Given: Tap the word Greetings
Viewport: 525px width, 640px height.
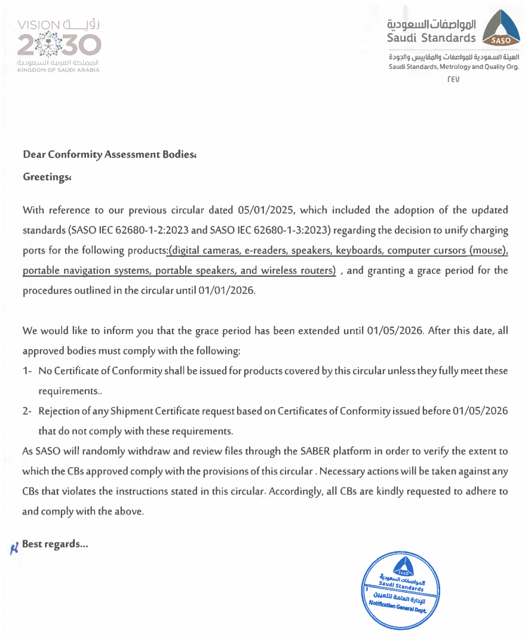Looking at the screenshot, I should pyautogui.click(x=46, y=177).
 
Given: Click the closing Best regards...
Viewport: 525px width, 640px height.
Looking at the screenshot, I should pyautogui.click(x=55, y=544).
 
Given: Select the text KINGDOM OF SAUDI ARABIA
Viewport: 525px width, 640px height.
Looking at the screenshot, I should pyautogui.click(x=59, y=71).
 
